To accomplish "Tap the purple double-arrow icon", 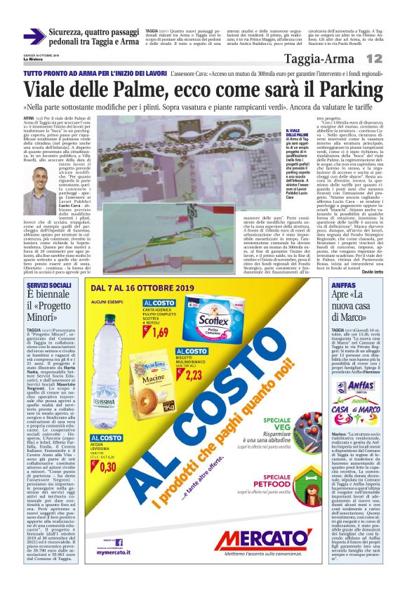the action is (x=34, y=36).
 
